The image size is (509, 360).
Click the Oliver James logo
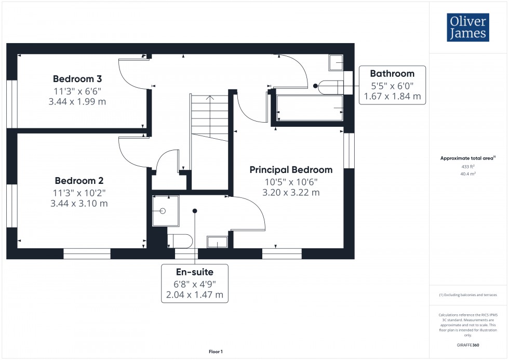tap(467, 27)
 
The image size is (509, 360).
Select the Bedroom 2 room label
tap(79, 181)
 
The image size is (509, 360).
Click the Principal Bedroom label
tap(291, 170)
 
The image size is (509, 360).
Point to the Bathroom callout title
tap(392, 74)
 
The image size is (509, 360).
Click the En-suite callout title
tap(194, 272)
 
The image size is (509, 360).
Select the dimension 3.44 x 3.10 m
tap(79, 204)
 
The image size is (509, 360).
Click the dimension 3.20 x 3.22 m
tap(291, 193)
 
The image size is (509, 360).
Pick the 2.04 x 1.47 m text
tap(194, 295)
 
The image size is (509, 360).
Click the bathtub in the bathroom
tap(310, 108)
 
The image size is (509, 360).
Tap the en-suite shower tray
tap(165, 211)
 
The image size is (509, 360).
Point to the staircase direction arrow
tap(209, 98)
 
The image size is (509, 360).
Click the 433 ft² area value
tap(468, 167)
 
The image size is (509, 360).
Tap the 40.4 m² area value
tap(468, 174)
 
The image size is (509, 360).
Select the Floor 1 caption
tap(216, 352)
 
